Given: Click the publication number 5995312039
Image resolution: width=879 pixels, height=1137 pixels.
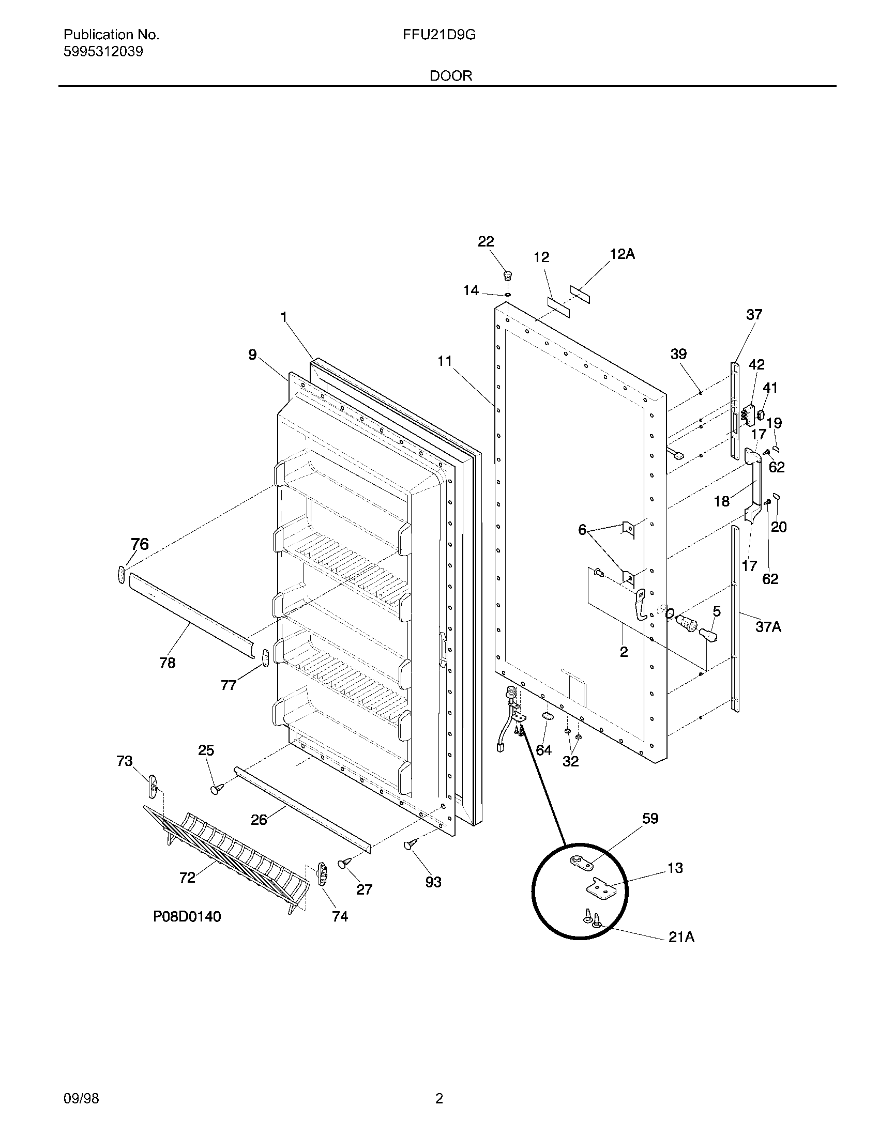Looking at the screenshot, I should click(103, 52).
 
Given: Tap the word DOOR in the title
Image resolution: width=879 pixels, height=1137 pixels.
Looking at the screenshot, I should click(451, 76).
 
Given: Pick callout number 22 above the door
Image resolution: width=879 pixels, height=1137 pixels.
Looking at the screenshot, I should click(486, 241).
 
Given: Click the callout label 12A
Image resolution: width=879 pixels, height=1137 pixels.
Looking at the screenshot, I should click(622, 254).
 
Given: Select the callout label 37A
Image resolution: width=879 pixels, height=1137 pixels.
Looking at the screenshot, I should click(768, 627).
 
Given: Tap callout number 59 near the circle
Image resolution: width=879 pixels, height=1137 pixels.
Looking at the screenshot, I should click(650, 819).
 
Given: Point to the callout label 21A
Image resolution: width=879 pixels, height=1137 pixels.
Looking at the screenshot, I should click(681, 937).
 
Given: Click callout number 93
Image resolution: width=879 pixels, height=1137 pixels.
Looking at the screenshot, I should click(433, 882).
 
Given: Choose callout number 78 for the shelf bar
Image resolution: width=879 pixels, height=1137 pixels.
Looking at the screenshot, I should click(167, 663).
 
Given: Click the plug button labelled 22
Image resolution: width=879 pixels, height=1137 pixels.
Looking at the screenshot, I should click(507, 274).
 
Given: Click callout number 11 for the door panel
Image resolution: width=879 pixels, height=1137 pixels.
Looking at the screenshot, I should click(444, 361).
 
